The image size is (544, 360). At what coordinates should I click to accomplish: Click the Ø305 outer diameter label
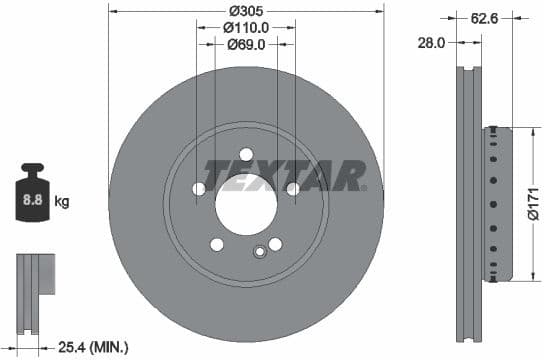point(246,10)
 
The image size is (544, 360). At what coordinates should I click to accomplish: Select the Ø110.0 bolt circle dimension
point(246,28)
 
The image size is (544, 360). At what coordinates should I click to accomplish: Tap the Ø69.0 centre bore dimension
point(246,45)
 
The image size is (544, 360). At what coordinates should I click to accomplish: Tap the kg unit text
point(62,202)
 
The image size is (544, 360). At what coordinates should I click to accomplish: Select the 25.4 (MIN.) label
point(91,346)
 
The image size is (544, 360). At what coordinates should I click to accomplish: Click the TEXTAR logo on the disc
point(284,176)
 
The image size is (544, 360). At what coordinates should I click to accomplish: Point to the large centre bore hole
point(246,206)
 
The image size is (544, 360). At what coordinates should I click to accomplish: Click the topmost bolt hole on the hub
point(246,154)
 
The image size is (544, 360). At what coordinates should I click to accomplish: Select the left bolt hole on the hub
point(198,189)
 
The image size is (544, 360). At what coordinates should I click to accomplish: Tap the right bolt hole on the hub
point(293,189)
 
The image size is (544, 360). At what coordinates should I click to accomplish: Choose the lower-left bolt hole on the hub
point(217,245)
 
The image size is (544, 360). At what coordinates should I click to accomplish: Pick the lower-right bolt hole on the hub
point(275,245)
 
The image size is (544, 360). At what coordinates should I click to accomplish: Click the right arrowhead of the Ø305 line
point(380,10)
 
